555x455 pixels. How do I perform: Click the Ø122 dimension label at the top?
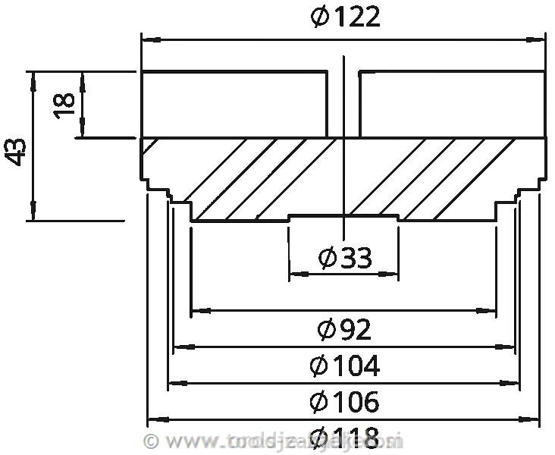point(345,17)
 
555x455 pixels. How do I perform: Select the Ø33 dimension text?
point(345,258)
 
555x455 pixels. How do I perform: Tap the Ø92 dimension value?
point(344,330)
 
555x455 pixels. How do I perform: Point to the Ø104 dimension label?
point(344,366)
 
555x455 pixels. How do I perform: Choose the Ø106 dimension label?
point(344,400)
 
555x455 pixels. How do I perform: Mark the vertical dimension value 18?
point(64,104)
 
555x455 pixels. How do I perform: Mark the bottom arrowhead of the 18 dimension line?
point(83,132)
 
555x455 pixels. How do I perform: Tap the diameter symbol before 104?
point(319,366)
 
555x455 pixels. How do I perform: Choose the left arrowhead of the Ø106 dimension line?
point(174,383)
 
